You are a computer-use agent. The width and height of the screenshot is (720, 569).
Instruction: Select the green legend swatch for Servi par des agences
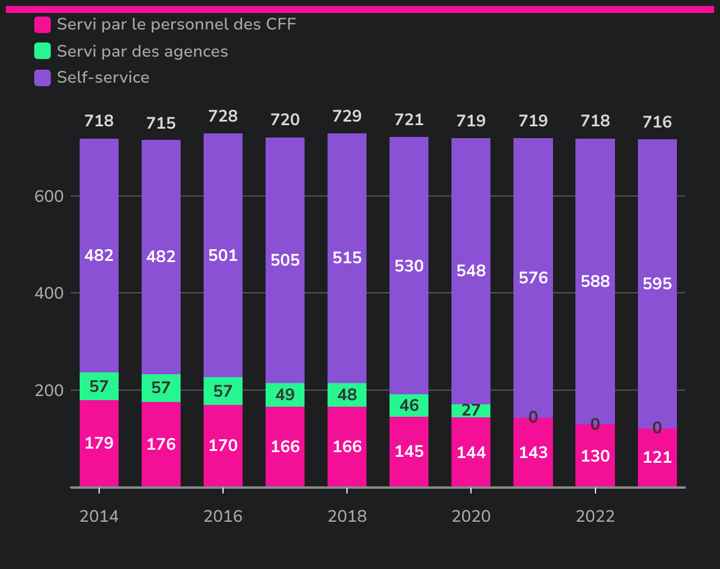[x=42, y=51]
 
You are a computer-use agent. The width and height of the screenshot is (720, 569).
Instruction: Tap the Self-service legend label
[x=103, y=77]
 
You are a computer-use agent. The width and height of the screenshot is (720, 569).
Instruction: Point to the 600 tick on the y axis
[x=49, y=196]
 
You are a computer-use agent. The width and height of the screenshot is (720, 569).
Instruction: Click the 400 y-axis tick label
[x=49, y=293]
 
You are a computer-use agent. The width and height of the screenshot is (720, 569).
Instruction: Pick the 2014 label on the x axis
[x=99, y=516]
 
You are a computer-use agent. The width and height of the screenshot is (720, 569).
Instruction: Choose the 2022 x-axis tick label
[x=595, y=516]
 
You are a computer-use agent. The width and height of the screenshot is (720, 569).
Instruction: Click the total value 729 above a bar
[x=347, y=116]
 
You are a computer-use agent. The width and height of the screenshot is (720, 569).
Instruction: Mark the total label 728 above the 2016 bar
[x=223, y=116]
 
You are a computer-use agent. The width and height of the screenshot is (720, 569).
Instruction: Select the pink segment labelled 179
[x=99, y=443]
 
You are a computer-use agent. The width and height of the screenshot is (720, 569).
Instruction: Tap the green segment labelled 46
[x=409, y=406]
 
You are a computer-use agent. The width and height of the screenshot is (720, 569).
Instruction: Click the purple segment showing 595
[x=657, y=284]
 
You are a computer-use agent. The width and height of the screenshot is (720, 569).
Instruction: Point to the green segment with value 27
[x=471, y=411]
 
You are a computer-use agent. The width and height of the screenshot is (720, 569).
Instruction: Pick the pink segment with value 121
[x=657, y=457]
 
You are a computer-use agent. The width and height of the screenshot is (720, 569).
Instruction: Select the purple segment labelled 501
[x=223, y=256]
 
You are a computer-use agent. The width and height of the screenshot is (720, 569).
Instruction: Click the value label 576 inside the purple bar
[x=533, y=278]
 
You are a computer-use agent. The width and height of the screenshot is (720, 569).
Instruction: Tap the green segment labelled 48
[x=347, y=395]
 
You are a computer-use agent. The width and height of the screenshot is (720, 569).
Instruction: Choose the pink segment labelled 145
[x=409, y=452]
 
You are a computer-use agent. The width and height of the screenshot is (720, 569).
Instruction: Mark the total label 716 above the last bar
[x=657, y=122]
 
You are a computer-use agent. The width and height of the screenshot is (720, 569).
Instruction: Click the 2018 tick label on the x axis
[x=347, y=516]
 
